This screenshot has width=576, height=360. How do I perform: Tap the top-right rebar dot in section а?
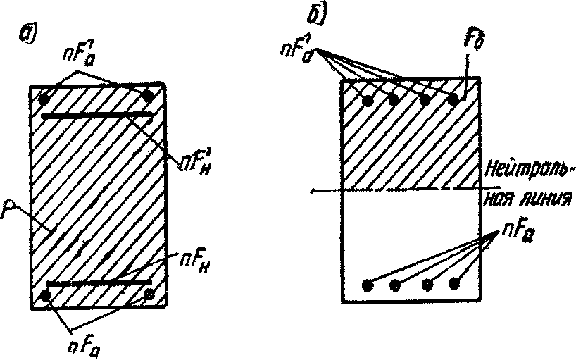tap(147, 95)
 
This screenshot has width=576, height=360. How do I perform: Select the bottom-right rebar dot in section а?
tap(149, 294)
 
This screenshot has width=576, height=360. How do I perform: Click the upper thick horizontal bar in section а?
tap(96, 114)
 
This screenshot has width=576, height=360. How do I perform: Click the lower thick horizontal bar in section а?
tap(97, 284)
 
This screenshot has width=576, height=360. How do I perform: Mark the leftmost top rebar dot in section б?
tap(367, 101)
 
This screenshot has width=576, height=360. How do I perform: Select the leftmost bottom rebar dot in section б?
tap(367, 285)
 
